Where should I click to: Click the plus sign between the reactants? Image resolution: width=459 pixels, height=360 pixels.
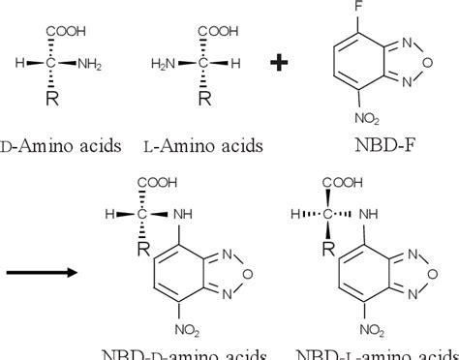pyautogui.click(x=279, y=64)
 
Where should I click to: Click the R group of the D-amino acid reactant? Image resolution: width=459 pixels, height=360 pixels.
pyautogui.click(x=66, y=100)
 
